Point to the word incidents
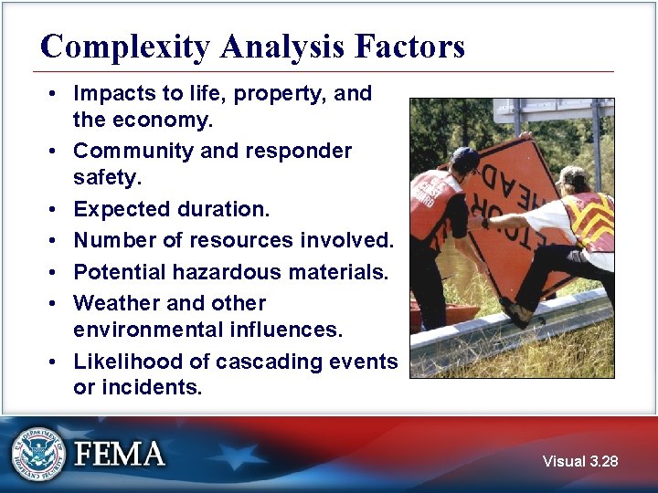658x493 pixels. [147, 387]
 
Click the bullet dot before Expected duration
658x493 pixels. [56, 210]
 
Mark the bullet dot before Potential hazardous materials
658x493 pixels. [56, 273]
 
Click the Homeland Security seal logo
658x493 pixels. [38, 454]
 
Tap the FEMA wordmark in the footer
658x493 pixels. [120, 454]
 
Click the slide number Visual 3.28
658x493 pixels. [579, 461]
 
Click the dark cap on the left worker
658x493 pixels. [465, 159]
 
